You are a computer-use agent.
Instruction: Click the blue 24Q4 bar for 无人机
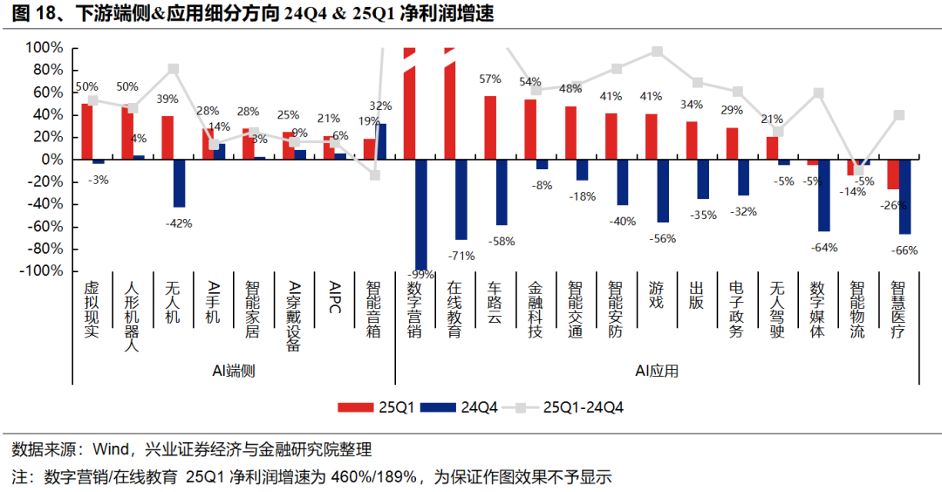[x=180, y=183]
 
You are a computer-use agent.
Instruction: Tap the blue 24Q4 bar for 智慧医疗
[x=905, y=196]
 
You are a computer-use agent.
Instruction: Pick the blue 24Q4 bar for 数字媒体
[x=823, y=195]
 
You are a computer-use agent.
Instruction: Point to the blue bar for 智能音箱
[x=381, y=141]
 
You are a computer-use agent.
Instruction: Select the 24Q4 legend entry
[x=461, y=407]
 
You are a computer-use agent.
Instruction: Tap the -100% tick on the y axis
[x=42, y=271]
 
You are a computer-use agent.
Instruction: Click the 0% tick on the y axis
[x=52, y=160]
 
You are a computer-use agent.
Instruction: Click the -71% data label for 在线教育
[x=460, y=256]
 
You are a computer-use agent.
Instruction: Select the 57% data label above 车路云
[x=490, y=79]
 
